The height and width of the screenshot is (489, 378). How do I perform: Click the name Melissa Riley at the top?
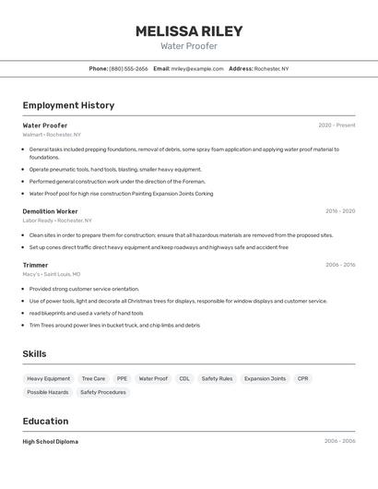coord(189,30)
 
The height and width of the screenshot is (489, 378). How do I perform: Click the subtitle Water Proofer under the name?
coord(189,46)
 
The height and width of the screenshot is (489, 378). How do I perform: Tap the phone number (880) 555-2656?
coord(128,68)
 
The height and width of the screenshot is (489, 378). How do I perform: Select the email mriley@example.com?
coord(197,68)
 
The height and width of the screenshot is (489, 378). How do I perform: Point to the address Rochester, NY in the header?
coord(271,68)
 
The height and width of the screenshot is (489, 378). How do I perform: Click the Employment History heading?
coord(68,105)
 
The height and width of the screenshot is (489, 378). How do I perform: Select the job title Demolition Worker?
coord(50,211)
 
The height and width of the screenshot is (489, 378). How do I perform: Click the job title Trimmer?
coord(35,265)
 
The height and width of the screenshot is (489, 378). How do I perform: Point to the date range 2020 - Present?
coord(337,125)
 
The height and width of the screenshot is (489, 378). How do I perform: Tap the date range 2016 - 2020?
coord(339,211)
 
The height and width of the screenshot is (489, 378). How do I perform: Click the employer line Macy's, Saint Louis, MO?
coord(52,274)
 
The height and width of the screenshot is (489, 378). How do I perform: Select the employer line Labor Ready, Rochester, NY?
coord(57,221)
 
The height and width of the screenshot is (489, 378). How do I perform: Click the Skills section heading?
coord(34,353)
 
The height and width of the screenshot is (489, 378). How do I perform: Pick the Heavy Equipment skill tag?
coord(48,378)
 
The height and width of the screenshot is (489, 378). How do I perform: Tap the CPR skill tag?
coord(302,378)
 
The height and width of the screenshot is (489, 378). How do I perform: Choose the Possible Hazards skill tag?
coord(47,392)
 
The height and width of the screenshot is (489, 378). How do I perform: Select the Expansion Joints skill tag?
coord(265,378)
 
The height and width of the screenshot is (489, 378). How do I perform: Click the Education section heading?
coord(46,421)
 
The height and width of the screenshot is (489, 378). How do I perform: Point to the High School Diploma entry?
coord(50,442)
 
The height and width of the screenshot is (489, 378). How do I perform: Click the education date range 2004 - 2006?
coord(339,442)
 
